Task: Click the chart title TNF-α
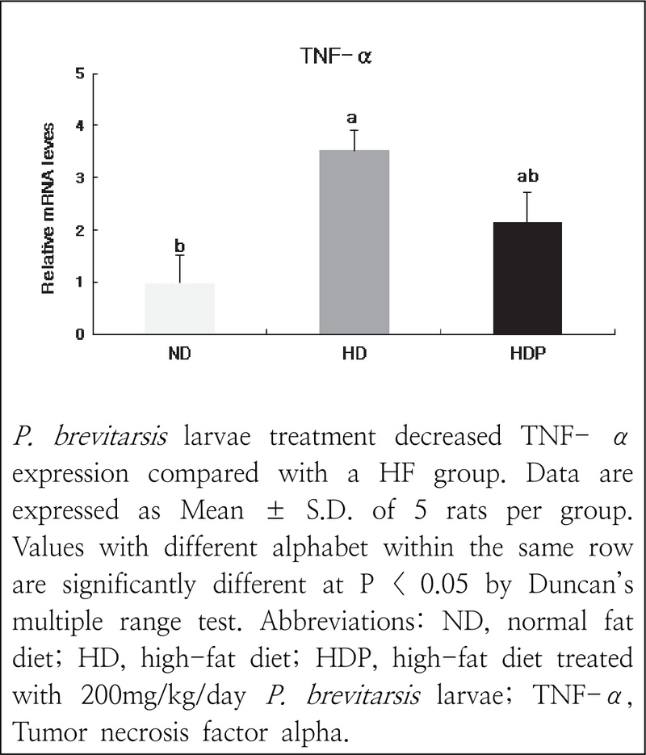(x=334, y=57)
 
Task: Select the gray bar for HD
(x=354, y=242)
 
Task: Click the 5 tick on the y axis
(x=80, y=73)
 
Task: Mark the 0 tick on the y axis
(x=80, y=333)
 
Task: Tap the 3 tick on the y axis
(x=80, y=178)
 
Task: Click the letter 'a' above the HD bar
(x=352, y=119)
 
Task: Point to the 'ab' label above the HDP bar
(x=527, y=176)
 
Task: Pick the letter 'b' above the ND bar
(x=180, y=245)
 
